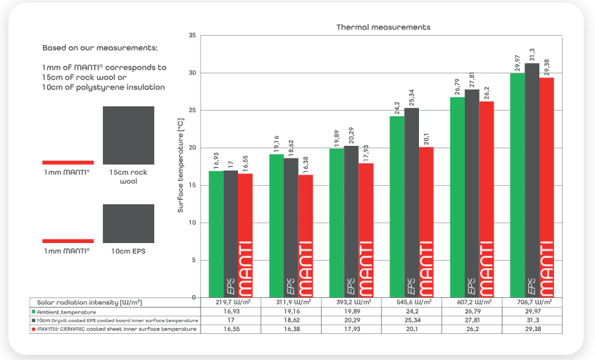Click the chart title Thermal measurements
(383, 27)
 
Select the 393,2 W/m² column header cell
(351, 302)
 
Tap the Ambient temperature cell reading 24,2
(411, 311)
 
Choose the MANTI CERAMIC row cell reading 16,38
(291, 330)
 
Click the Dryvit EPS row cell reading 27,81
(470, 321)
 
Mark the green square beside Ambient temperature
(33, 311)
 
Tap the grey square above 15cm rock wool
(128, 135)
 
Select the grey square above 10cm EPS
(128, 223)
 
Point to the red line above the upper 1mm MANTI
(68, 162)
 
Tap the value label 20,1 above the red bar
(426, 138)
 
